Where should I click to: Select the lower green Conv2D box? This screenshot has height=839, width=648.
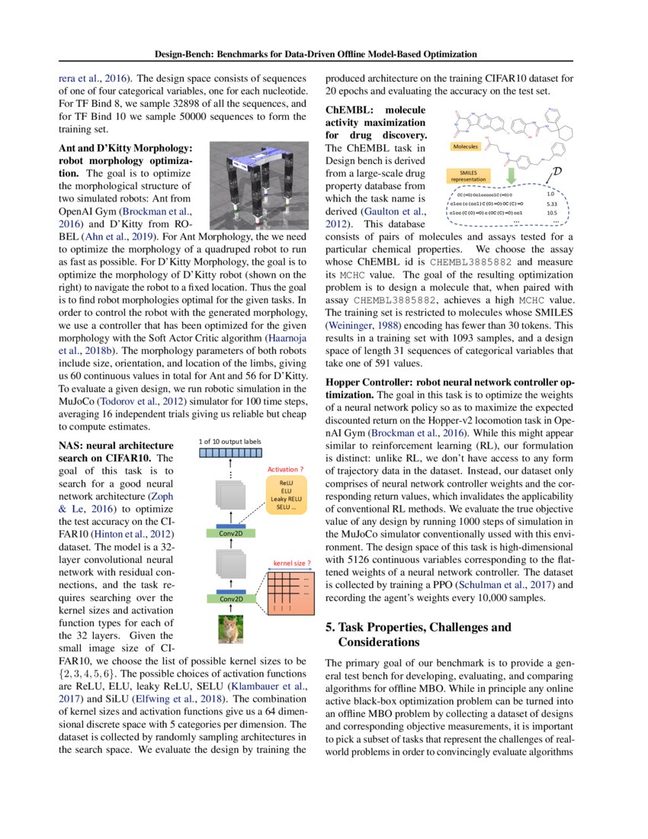coord(232,599)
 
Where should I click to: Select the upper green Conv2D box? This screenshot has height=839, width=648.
coord(232,533)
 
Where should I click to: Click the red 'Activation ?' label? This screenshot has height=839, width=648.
coord(287,469)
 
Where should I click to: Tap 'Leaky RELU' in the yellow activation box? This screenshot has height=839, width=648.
coord(286,499)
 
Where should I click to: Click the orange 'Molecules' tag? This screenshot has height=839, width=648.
coord(466,146)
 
